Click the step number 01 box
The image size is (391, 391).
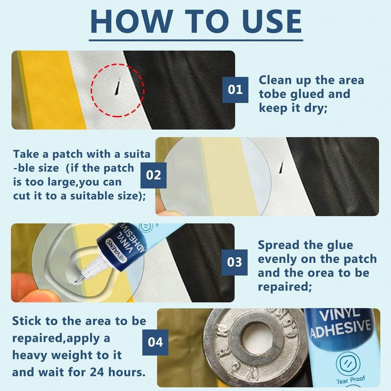[x=235, y=89]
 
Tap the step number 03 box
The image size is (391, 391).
[x=235, y=262]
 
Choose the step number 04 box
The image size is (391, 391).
[x=155, y=342]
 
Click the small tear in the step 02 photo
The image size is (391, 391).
[x=281, y=167]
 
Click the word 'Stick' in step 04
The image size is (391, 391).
[x=27, y=321]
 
